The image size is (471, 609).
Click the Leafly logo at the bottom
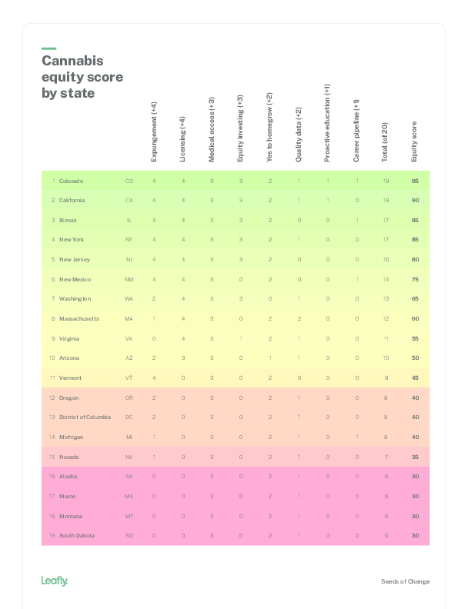coord(55,581)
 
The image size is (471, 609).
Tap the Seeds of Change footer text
coord(406,581)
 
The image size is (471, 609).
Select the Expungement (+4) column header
coord(154,131)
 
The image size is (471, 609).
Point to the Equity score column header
coord(414,141)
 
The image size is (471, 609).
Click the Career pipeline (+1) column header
coord(356,130)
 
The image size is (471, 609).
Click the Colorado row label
coord(71,181)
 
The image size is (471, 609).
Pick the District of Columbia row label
coord(85,417)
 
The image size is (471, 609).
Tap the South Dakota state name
coord(77,535)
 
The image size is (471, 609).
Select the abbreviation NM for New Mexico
coord(129,279)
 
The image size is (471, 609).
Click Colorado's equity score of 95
coord(415,181)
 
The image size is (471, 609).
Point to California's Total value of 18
coord(386,200)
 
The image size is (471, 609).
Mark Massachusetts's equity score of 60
coord(415,318)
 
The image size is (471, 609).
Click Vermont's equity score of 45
coord(415,378)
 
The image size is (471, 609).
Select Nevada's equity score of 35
coord(415,457)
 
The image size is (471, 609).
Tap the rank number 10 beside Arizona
coord(52,358)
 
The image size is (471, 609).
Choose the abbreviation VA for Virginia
coord(129,338)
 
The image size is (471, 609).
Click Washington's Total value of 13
coord(386,298)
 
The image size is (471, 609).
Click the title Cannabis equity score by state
coord(82,77)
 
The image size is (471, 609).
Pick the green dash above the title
coord(48,48)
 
